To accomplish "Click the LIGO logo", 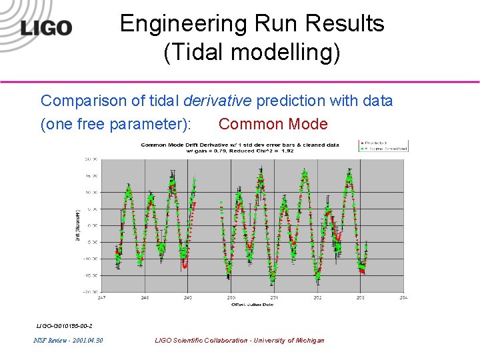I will tap(46, 27).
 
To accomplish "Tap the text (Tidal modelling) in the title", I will tap(252, 53).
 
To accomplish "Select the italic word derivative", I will tap(217, 101).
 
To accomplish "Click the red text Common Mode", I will tap(273, 124).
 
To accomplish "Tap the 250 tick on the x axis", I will tap(231, 297).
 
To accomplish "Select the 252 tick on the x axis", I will tap(317, 297).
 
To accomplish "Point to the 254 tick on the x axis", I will tap(403, 297).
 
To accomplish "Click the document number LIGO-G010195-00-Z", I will tap(64, 325).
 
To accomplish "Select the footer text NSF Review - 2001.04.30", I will tap(68, 341).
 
